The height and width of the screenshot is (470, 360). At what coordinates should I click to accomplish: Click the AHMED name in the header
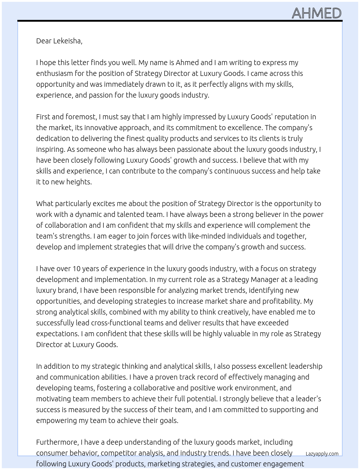coord(316,13)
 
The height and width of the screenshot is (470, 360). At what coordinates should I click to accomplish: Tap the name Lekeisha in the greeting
coord(68,41)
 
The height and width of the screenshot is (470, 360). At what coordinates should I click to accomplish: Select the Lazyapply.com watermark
coord(322,454)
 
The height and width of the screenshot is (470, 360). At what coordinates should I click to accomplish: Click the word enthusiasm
coord(55,73)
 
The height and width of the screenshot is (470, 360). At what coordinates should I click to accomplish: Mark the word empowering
coord(55,420)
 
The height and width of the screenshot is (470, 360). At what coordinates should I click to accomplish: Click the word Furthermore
coord(57,442)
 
